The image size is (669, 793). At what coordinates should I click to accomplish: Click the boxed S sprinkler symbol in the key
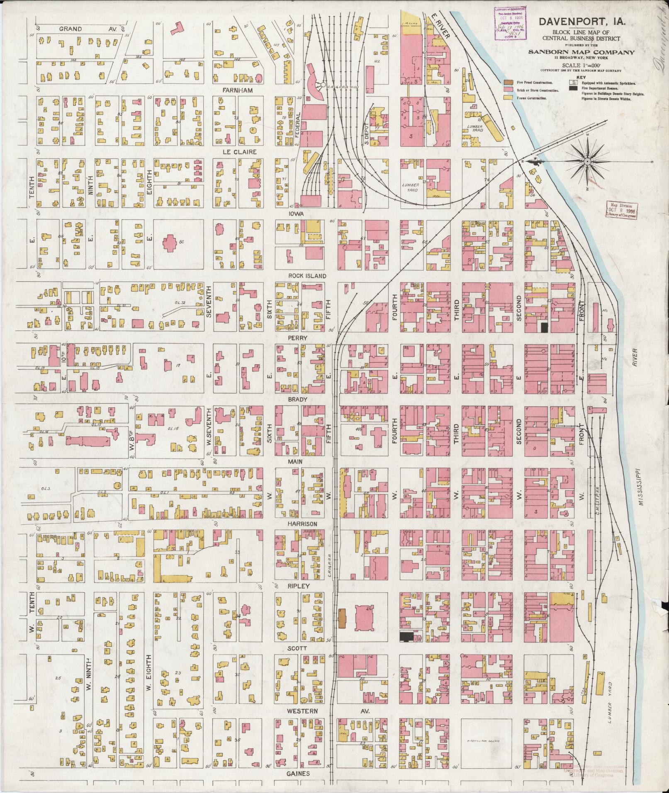click(573, 82)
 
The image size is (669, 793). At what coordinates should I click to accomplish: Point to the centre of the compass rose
click(588, 161)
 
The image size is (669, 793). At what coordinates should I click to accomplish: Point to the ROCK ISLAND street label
click(307, 276)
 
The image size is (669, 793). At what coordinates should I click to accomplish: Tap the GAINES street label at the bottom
click(297, 774)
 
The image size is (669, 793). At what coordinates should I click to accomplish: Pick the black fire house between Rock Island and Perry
click(545, 327)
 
